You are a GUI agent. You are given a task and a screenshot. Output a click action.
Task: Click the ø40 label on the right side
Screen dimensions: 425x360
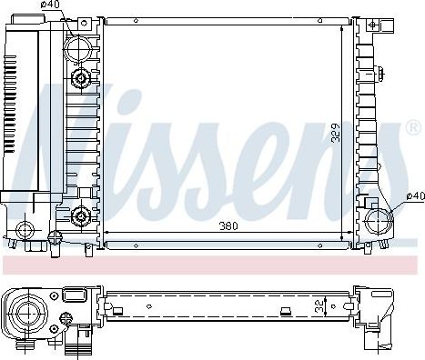click(x=415, y=196)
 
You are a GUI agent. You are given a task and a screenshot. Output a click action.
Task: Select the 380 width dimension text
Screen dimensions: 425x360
click(x=228, y=226)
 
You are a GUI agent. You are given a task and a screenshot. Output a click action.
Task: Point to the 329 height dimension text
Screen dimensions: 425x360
click(x=336, y=133)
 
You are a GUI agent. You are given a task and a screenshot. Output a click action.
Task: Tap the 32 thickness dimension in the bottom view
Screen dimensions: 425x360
click(x=319, y=306)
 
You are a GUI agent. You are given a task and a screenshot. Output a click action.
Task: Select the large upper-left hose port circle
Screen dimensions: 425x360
click(x=78, y=49)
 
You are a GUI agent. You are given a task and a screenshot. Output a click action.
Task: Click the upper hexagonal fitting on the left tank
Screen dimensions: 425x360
click(x=81, y=78)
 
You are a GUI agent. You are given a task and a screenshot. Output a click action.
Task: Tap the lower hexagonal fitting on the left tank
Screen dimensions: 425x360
click(x=81, y=216)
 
